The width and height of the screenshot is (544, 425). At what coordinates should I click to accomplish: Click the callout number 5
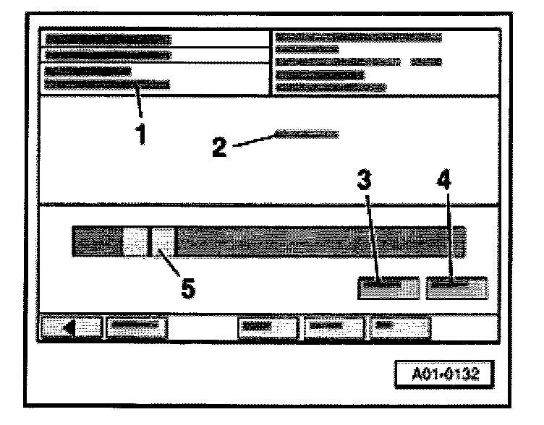[x=187, y=288]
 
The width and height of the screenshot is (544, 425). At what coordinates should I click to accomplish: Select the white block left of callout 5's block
[x=134, y=241]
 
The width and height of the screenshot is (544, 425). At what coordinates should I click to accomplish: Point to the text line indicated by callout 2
[x=307, y=134]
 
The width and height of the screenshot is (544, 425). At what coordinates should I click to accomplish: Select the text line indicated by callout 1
[x=107, y=85]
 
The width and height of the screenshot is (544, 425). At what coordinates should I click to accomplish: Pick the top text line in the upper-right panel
[x=359, y=37]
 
